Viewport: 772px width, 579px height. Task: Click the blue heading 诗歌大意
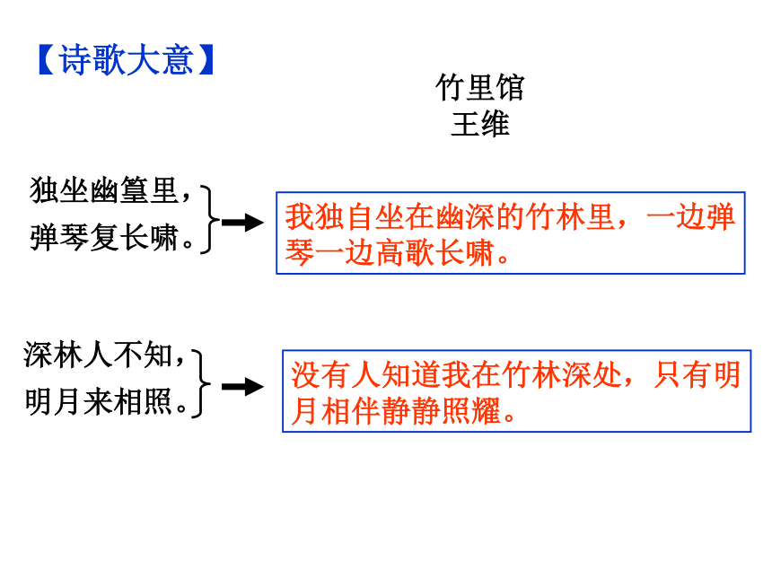(126, 60)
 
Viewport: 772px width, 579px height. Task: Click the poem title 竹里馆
(480, 88)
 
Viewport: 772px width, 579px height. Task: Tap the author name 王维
(480, 124)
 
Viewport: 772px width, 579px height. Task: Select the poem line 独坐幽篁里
(104, 190)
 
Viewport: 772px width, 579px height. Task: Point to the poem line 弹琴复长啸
(104, 237)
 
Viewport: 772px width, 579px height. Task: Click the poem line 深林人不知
(98, 355)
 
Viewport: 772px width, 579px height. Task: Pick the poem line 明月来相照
(98, 401)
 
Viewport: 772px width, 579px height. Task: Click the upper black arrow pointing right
(242, 223)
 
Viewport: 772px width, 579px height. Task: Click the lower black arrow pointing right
(242, 387)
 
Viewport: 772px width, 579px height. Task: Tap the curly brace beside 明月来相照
(202, 384)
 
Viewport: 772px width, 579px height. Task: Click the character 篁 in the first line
(134, 190)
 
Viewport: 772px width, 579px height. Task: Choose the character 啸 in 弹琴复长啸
(164, 237)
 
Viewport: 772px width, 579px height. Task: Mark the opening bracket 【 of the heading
(47, 60)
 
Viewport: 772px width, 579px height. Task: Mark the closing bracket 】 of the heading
(206, 60)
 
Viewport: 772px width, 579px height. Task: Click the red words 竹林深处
(561, 374)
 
